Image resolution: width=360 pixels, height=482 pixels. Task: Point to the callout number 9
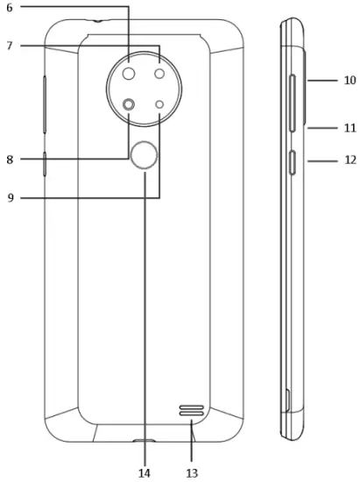11,198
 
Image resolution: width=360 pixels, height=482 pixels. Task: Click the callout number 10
349,80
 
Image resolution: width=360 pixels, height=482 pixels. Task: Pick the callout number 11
349,128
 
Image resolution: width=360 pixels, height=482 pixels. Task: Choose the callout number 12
349,160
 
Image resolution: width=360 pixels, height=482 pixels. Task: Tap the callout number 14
144,472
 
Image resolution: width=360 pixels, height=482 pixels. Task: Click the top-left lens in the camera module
129,74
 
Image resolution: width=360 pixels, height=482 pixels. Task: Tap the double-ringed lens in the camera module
130,105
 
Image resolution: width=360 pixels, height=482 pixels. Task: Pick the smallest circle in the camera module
160,105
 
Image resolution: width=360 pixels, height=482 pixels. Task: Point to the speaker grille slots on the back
192,411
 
